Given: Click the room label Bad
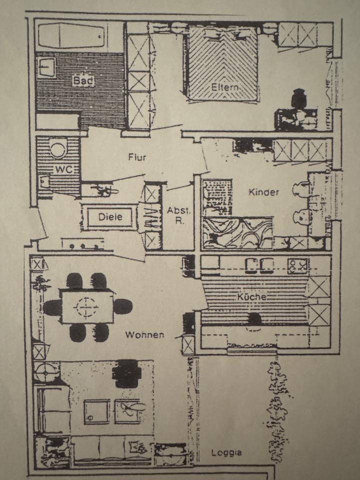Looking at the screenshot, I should pyautogui.click(x=83, y=79).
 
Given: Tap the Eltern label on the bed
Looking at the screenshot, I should pyautogui.click(x=225, y=87).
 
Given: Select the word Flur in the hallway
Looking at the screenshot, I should pyautogui.click(x=137, y=157).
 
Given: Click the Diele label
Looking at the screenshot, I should pyautogui.click(x=110, y=217).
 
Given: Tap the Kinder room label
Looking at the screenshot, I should pyautogui.click(x=263, y=192).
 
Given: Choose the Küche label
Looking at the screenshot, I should pyautogui.click(x=251, y=296).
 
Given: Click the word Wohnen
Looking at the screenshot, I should pyautogui.click(x=144, y=334).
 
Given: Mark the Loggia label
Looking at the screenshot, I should pyautogui.click(x=226, y=453).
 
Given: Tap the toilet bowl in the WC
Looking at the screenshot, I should pyautogui.click(x=58, y=149).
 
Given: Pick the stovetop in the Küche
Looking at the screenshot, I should pyautogui.click(x=298, y=265).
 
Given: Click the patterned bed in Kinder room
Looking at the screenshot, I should pyautogui.click(x=237, y=232).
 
